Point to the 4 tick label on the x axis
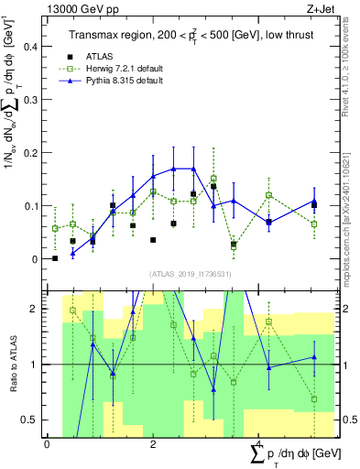point(259,444)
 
